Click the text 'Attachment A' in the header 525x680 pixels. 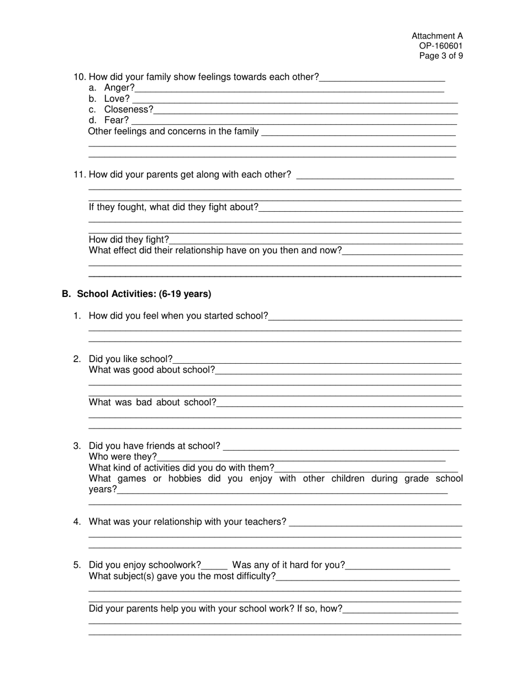[437, 36]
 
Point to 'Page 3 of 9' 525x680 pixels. [441, 56]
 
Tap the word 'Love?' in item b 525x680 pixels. [117, 99]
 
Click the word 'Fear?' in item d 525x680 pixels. [116, 121]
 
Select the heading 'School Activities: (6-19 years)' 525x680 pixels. [144, 294]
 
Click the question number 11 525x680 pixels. [80, 175]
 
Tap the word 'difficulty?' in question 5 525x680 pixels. [253, 577]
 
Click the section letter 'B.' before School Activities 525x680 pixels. [66, 294]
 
